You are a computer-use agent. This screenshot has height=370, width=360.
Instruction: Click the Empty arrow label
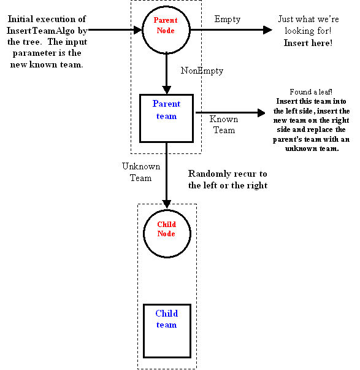coord(228,20)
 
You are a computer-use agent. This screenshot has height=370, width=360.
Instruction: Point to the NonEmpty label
coord(202,71)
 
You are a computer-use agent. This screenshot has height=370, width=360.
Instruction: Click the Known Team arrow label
coord(224,125)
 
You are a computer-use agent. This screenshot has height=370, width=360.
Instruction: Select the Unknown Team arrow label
coord(141,172)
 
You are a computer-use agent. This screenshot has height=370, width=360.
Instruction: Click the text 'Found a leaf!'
coord(311,91)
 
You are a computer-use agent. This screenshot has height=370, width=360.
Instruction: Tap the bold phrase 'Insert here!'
coord(308,43)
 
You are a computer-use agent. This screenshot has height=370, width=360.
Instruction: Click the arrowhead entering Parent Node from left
coord(138,30)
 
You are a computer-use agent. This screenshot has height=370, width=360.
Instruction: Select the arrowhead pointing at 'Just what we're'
coord(267,30)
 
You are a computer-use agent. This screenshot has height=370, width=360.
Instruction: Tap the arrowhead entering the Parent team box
coord(167,90)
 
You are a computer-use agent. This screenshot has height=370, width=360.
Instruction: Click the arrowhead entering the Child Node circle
coord(167,204)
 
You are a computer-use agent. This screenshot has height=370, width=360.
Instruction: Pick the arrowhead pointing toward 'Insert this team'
coord(261,113)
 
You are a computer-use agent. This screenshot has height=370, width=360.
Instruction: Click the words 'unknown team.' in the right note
coord(312,148)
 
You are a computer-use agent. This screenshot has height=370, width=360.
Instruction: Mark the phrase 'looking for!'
coord(308,31)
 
